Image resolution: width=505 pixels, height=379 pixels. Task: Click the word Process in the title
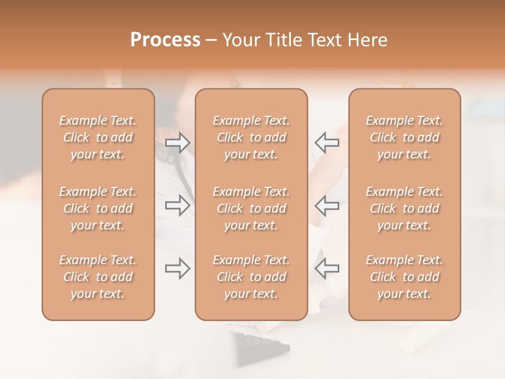pyautogui.click(x=165, y=40)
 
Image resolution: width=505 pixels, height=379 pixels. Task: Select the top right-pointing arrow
pyautogui.click(x=178, y=143)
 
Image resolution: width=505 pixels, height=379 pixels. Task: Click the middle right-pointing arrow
pyautogui.click(x=178, y=205)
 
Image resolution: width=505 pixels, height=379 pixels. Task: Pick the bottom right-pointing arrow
pyautogui.click(x=178, y=268)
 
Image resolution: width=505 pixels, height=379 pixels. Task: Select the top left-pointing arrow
pyautogui.click(x=327, y=143)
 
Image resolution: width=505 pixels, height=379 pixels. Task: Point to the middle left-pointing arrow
pyautogui.click(x=327, y=205)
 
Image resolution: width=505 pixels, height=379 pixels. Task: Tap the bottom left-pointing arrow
pyautogui.click(x=327, y=268)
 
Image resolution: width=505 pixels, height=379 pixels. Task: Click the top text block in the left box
pyautogui.click(x=98, y=137)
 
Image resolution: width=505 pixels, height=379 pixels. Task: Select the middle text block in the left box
pyautogui.click(x=98, y=208)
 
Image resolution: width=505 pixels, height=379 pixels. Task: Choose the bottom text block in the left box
pyautogui.click(x=98, y=277)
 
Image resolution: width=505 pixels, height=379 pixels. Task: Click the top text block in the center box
pyautogui.click(x=251, y=137)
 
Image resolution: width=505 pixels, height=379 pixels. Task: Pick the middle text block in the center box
pyautogui.click(x=251, y=208)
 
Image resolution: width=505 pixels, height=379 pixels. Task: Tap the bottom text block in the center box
pyautogui.click(x=251, y=277)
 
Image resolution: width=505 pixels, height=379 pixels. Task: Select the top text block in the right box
pyautogui.click(x=405, y=137)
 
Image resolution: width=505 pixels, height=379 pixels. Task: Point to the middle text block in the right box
pyautogui.click(x=405, y=208)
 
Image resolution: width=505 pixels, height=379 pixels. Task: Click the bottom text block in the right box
pyautogui.click(x=405, y=277)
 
